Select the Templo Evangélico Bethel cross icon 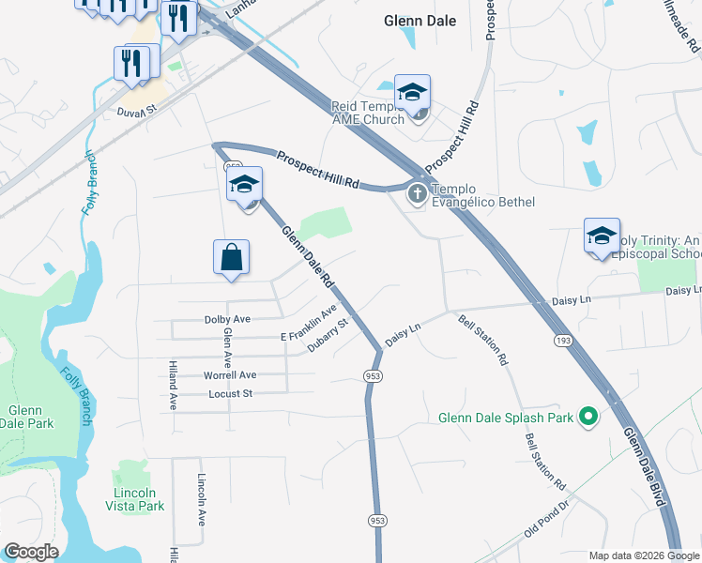pos(416,195)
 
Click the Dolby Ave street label pos(227,319)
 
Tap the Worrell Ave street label pos(230,374)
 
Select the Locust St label pos(230,393)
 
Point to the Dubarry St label pos(328,336)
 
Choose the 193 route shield pos(563,339)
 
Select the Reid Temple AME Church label pos(368,114)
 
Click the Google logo pos(31,552)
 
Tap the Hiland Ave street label pos(174,386)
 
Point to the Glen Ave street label pos(227,346)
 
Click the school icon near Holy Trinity pos(602,236)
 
